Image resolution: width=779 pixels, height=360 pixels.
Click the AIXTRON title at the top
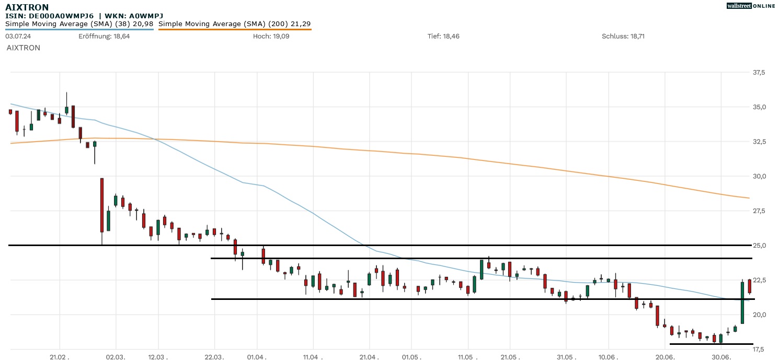(x=27, y=7)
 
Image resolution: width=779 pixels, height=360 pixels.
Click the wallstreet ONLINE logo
(x=751, y=6)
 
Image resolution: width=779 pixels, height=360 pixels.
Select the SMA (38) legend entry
(x=79, y=24)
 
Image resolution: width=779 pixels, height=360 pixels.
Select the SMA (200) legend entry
(x=234, y=24)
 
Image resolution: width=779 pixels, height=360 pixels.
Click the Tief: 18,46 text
(x=443, y=36)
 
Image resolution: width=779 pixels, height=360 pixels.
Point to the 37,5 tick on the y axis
(x=759, y=72)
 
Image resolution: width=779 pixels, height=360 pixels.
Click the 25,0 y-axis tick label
(x=759, y=246)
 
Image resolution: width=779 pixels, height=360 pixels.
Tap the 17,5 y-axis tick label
(x=759, y=349)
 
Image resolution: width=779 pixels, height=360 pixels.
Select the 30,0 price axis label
(x=759, y=176)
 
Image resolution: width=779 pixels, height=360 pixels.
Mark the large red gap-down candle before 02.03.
(x=102, y=205)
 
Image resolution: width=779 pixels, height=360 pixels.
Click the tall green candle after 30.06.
(x=742, y=303)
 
